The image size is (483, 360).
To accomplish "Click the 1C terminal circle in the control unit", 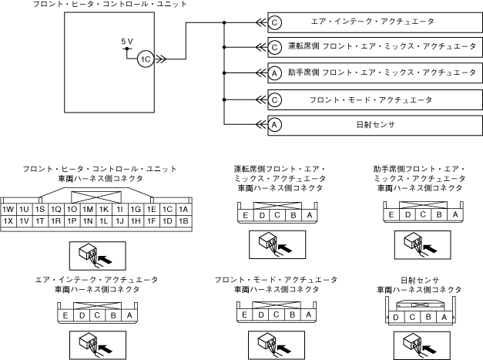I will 145,58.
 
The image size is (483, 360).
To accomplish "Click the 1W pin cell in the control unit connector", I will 9,209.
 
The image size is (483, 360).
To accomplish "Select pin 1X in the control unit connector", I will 9,221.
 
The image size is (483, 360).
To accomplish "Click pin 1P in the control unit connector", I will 72,221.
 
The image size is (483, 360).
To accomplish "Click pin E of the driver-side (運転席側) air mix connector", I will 245,215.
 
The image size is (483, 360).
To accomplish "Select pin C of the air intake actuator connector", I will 96,315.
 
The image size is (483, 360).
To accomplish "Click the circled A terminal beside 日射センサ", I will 274,123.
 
